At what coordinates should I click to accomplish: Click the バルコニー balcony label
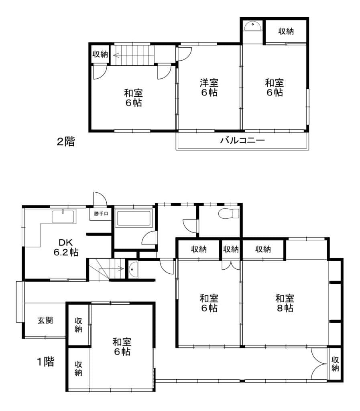(x=242, y=140)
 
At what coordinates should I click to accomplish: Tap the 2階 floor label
(x=66, y=142)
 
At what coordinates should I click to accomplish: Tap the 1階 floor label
(x=46, y=362)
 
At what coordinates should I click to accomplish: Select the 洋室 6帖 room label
(x=209, y=87)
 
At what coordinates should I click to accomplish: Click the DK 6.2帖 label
(x=66, y=247)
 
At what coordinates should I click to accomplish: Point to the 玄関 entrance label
(x=45, y=320)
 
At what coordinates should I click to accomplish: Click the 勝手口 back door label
(x=101, y=214)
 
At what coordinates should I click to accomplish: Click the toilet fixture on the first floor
(x=229, y=213)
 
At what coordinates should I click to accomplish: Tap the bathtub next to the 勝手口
(x=134, y=218)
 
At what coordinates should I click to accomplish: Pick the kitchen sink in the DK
(x=64, y=216)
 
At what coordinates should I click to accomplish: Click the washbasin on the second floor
(x=252, y=26)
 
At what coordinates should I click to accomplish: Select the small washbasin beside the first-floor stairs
(x=133, y=269)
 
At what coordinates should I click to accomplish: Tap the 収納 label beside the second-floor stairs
(x=100, y=54)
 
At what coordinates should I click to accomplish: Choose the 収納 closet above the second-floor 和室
(x=286, y=31)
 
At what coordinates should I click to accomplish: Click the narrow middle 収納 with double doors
(x=231, y=249)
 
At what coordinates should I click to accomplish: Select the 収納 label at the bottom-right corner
(x=335, y=364)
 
